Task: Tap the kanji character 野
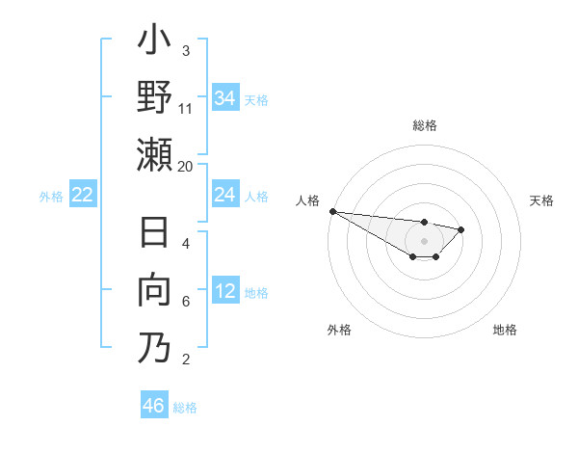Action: click(x=154, y=97)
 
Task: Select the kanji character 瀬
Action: click(x=154, y=154)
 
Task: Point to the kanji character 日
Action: click(x=154, y=234)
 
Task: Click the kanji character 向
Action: click(x=154, y=290)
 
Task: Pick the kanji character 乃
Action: click(x=154, y=347)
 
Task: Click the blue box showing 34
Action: click(x=225, y=98)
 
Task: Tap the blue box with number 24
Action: click(x=225, y=195)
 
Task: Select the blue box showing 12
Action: click(x=225, y=291)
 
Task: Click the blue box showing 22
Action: click(x=83, y=195)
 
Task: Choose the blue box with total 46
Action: click(x=154, y=406)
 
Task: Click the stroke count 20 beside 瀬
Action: click(x=186, y=166)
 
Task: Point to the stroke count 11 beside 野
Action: click(x=186, y=109)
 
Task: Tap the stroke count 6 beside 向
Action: click(x=186, y=302)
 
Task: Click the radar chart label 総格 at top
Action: click(x=424, y=125)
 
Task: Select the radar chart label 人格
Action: click(x=308, y=200)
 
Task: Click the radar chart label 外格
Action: click(x=339, y=330)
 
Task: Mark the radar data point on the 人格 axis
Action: click(x=331, y=211)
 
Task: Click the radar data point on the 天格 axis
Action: click(x=461, y=229)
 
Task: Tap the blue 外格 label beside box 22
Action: click(x=51, y=196)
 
